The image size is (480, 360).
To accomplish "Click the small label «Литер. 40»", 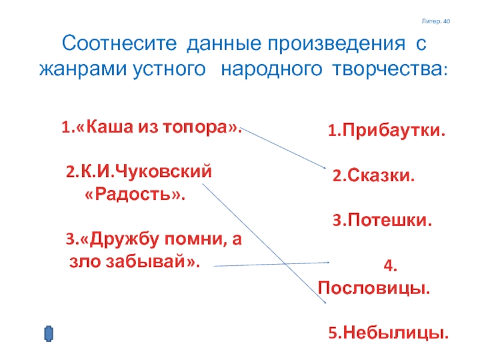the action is coord(436,22).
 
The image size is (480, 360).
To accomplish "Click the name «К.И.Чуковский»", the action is coord(144,172).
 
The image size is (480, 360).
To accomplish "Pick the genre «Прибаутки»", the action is coord(391,130).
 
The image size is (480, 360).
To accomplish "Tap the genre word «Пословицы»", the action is coord(374,288).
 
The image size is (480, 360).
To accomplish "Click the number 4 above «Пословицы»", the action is coord(388,265).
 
